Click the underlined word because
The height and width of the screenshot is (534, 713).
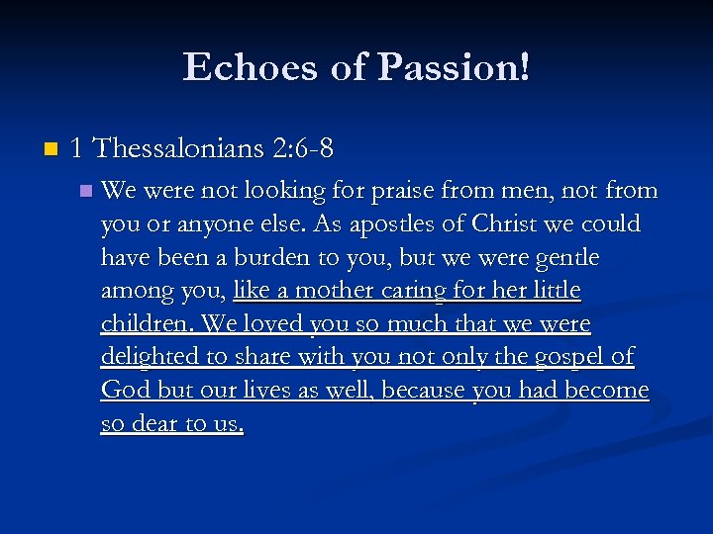[421, 392]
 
